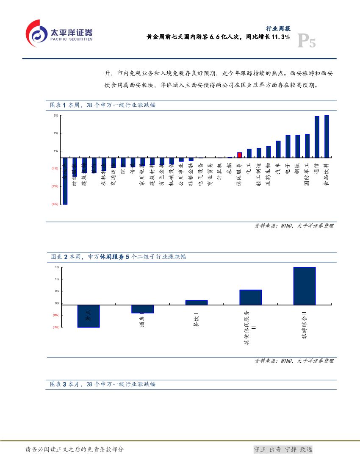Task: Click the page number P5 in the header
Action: pos(306,42)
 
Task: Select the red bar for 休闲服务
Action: pos(239,155)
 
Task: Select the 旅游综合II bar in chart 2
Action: pos(304,286)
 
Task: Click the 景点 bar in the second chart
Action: pos(88,316)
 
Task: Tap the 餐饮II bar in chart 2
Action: pos(197,302)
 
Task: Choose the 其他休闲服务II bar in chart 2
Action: pos(250,297)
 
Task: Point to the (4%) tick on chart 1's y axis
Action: pos(55,204)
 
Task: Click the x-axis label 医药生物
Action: pos(269,173)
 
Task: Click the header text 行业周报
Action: pos(278,29)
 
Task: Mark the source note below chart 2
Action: pos(294,361)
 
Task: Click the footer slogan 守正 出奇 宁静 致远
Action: pos(282,449)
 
